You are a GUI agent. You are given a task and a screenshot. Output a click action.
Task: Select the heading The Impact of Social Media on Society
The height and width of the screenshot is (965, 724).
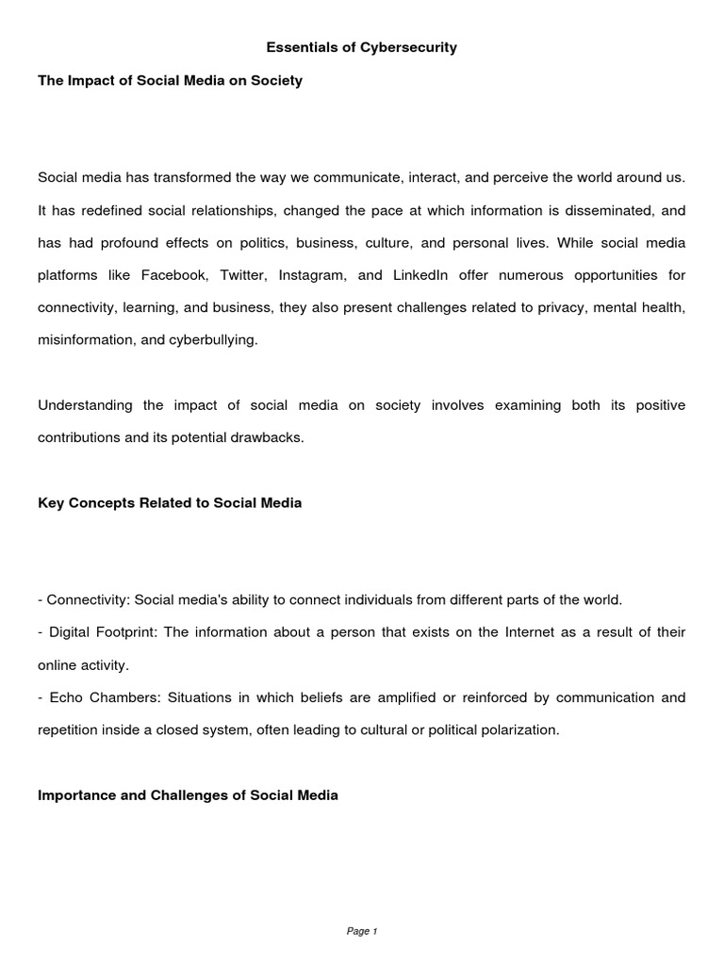tap(170, 81)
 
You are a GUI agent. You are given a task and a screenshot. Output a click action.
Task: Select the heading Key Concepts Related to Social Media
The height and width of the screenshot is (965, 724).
tap(170, 502)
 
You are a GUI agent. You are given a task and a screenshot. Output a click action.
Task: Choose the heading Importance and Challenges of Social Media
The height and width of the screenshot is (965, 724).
tap(188, 794)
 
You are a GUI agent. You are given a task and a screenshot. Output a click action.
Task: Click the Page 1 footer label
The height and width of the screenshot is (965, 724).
tap(362, 931)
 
